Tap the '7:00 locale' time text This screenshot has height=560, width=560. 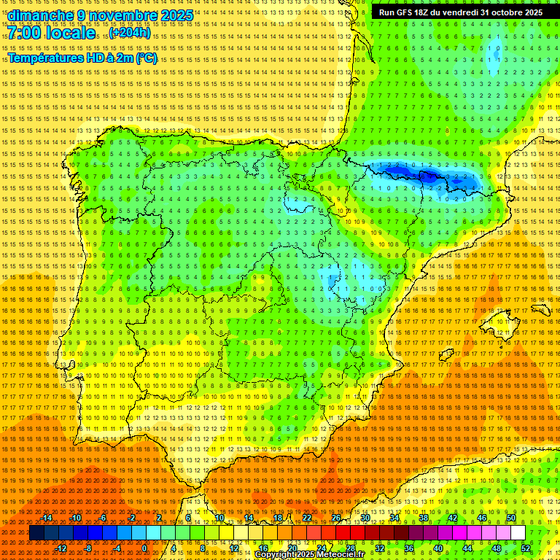point(51,33)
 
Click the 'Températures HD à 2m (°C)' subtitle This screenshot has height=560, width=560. point(82,58)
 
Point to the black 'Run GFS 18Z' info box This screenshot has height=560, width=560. point(460,12)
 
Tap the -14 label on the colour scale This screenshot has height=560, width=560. point(46,518)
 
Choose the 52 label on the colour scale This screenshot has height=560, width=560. point(526,548)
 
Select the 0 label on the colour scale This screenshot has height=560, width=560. point(144,548)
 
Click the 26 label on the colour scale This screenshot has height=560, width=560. point(336,518)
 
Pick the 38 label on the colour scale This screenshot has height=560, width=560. point(423,518)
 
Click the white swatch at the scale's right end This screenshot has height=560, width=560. point(518,533)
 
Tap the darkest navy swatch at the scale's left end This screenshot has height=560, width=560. point(36,533)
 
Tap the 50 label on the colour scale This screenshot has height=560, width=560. point(511,518)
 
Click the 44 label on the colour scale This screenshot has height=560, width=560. point(467,548)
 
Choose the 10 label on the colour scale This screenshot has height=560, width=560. point(219,518)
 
